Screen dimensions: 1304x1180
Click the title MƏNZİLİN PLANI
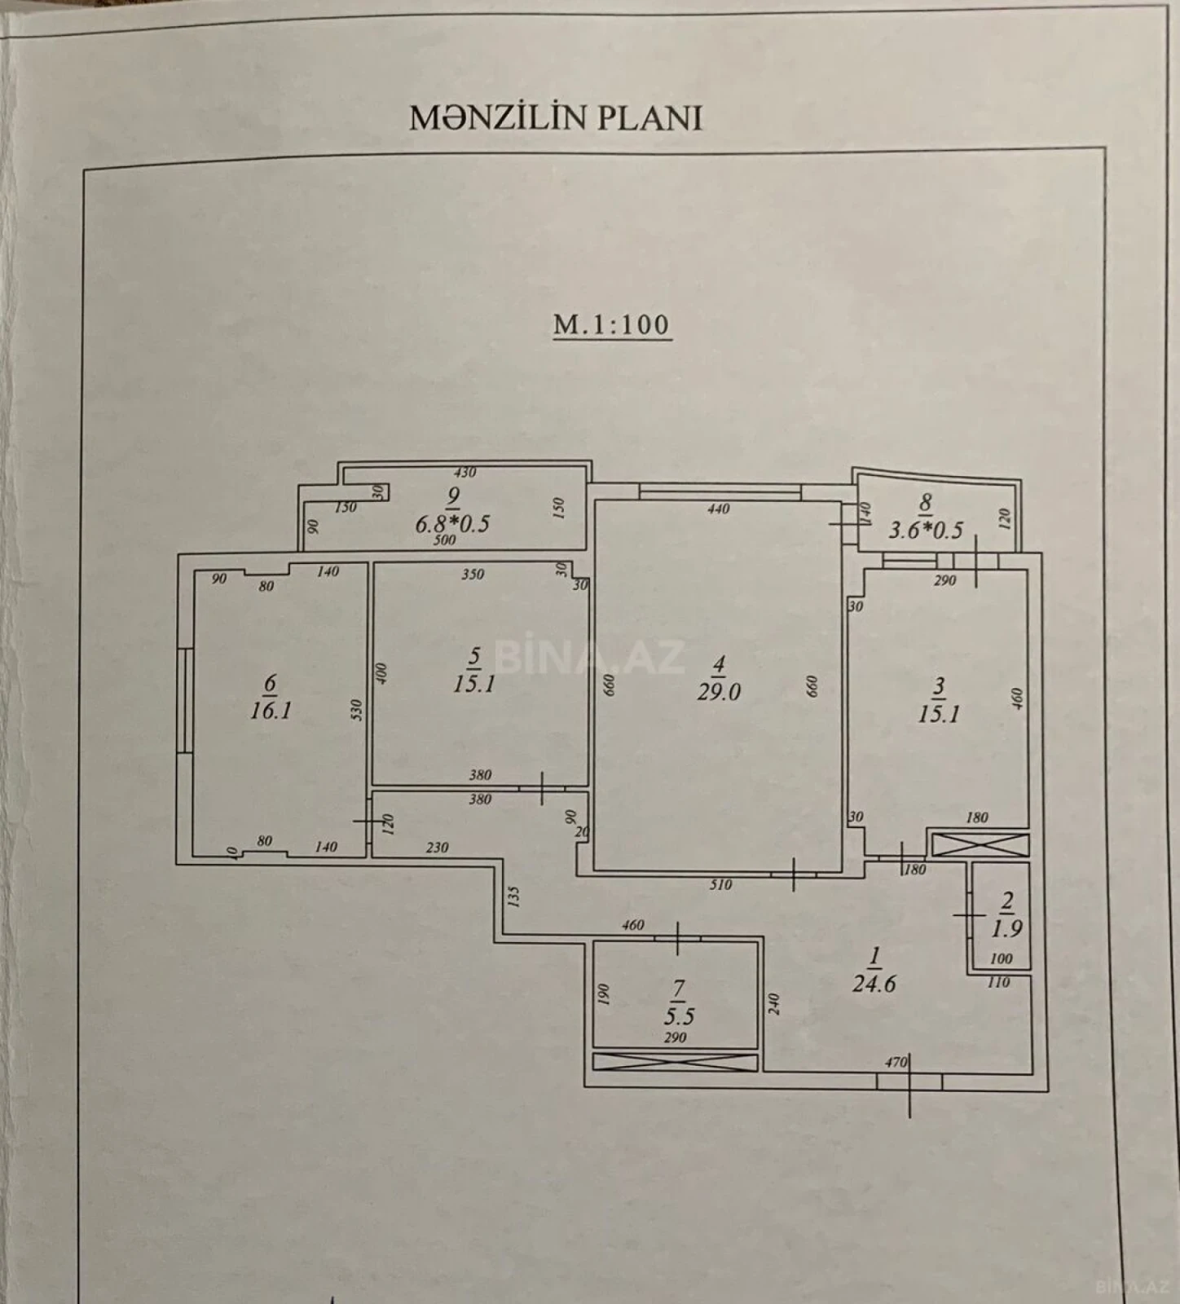tap(555, 118)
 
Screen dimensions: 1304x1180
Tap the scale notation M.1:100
tap(611, 324)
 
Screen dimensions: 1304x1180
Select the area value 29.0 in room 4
tap(718, 693)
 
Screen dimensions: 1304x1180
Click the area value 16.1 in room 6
tap(271, 711)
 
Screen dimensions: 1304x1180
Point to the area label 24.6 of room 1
tap(874, 984)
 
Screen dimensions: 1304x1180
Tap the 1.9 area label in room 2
tap(1007, 928)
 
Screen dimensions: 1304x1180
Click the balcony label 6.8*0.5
tap(452, 523)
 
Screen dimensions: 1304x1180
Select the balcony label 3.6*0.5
tap(925, 531)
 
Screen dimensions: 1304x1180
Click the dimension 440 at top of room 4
tap(718, 509)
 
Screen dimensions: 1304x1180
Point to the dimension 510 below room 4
tap(720, 884)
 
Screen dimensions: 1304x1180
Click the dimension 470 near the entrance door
tap(896, 1063)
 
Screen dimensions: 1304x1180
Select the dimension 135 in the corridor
tap(513, 896)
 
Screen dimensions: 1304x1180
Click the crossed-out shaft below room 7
tap(676, 1063)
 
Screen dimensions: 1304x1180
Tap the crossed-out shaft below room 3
tap(980, 844)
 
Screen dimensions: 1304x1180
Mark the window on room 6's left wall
tap(186, 700)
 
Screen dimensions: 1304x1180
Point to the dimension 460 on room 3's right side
tap(1016, 698)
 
